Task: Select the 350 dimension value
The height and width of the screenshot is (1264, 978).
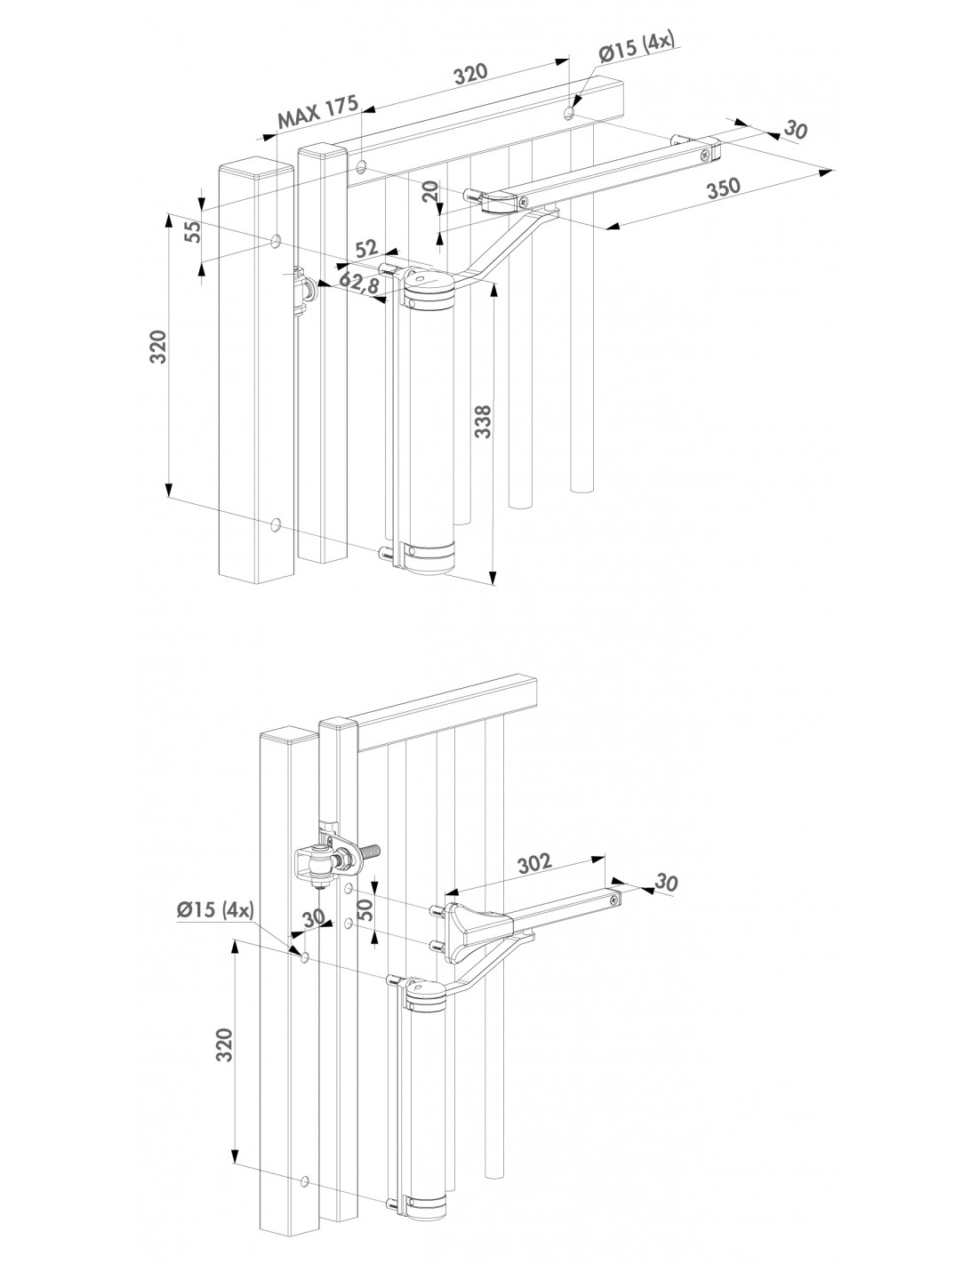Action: click(724, 188)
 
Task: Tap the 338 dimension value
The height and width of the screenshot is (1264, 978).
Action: click(483, 421)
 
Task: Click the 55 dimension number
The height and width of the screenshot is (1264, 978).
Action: click(195, 231)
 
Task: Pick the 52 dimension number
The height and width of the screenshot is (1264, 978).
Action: click(366, 249)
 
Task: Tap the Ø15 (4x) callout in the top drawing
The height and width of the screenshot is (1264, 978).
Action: click(639, 49)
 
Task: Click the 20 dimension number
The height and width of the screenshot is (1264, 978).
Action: click(430, 191)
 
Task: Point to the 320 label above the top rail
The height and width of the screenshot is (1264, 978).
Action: click(469, 74)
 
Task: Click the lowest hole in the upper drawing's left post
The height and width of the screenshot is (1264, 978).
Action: click(277, 526)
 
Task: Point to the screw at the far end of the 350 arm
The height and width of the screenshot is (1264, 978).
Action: click(705, 154)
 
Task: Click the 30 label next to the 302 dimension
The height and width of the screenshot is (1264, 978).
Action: click(666, 883)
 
